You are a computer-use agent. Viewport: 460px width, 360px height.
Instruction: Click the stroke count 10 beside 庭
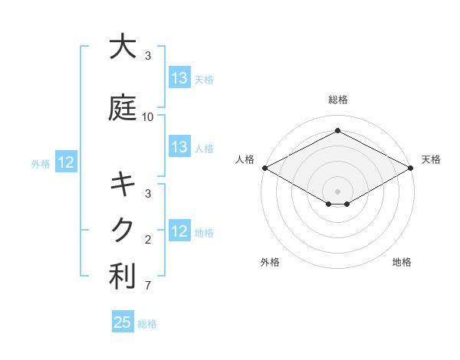tap(148, 117)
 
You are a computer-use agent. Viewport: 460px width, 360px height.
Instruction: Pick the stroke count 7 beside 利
tap(148, 286)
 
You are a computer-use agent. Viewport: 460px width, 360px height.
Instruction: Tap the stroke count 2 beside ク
tap(148, 240)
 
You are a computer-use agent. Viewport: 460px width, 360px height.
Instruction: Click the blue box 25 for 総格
tap(123, 322)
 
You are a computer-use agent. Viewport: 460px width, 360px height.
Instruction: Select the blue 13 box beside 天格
tap(179, 78)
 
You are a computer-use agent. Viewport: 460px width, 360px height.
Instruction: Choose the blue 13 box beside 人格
tap(179, 147)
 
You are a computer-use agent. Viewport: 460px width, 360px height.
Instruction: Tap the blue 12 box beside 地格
tap(179, 231)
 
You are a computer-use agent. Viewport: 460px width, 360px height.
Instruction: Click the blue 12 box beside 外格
tap(66, 162)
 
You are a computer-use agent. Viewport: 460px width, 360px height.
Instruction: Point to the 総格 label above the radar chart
tap(338, 100)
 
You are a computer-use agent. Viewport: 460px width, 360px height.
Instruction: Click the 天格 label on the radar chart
tap(431, 159)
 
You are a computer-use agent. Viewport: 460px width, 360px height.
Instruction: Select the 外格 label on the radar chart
tap(270, 262)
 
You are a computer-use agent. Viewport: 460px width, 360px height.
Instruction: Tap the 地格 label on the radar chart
tap(402, 262)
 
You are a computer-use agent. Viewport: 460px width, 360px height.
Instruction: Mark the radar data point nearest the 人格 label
tap(264, 168)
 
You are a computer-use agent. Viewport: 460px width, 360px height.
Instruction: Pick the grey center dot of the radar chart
tap(338, 191)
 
